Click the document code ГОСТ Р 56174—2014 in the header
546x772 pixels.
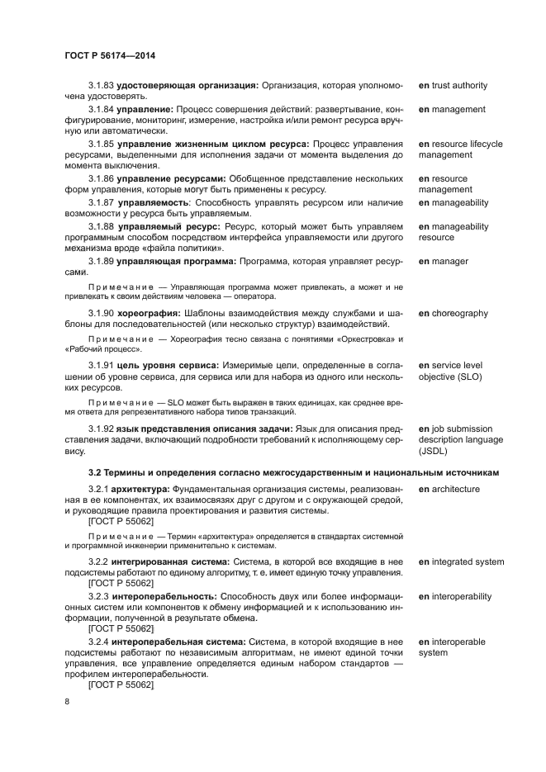coord(110,55)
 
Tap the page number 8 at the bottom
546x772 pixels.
coord(67,701)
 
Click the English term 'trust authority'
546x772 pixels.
coord(458,85)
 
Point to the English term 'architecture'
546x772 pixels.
coord(453,489)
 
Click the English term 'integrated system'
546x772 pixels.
coord(467,561)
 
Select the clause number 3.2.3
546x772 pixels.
coord(98,596)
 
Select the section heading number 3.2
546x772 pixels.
coord(95,471)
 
